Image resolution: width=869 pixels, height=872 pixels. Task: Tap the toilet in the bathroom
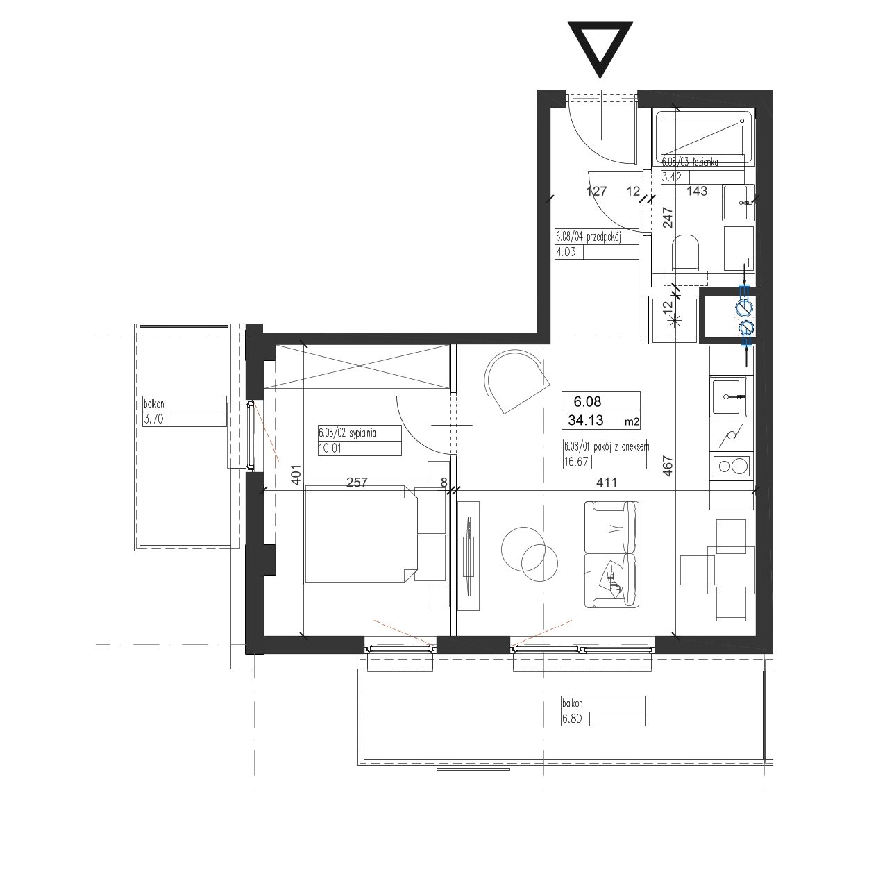coord(686,253)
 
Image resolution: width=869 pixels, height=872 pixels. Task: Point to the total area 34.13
coord(586,421)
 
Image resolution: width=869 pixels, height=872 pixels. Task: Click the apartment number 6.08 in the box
coord(587,401)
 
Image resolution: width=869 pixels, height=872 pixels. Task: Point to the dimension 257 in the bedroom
coord(357,483)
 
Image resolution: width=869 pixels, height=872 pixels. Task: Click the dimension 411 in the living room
coord(607,483)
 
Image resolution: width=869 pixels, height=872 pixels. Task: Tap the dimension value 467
coord(668,466)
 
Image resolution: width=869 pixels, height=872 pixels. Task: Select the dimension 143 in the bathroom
coord(697,192)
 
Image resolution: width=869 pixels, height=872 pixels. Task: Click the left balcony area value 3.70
coord(153,419)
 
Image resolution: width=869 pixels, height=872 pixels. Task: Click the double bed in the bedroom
coord(360,535)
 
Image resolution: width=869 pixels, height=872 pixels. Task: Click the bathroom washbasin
coord(739,202)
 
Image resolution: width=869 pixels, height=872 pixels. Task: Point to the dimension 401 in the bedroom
coord(296,475)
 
